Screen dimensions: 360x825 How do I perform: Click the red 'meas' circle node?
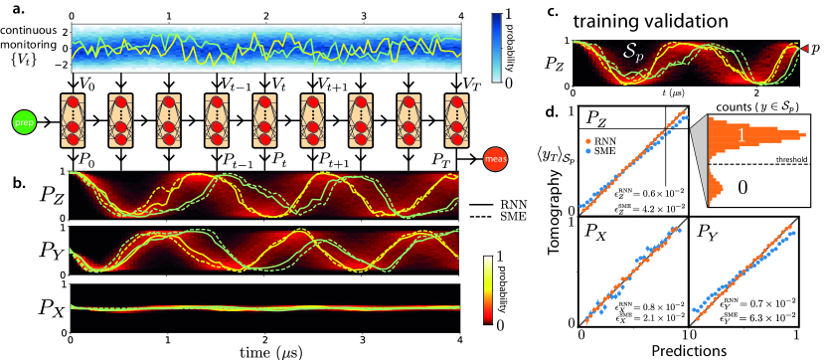[496, 157]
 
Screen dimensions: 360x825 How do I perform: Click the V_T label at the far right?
[473, 84]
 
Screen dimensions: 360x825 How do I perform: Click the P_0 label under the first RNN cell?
[88, 156]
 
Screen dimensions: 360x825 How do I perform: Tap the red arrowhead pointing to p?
[802, 47]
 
